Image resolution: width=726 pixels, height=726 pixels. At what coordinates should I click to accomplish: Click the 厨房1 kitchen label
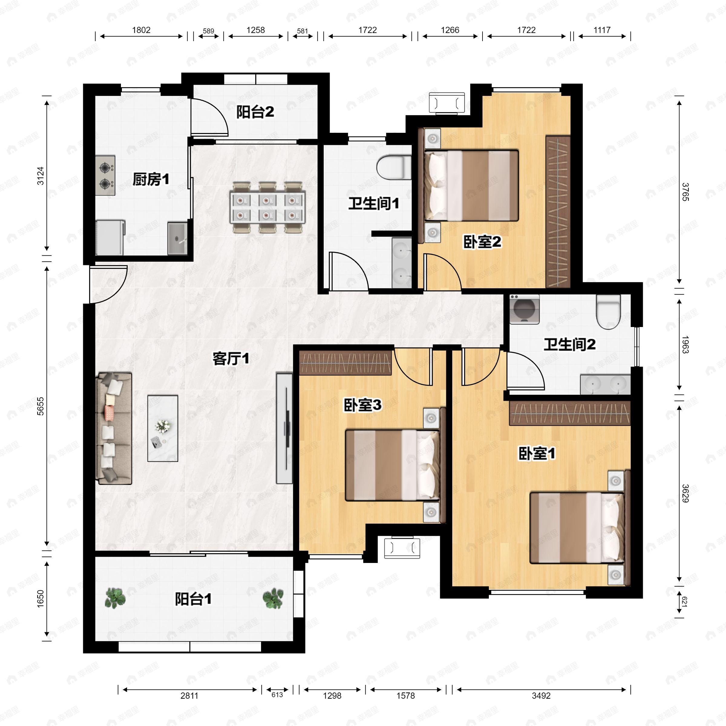[151, 180]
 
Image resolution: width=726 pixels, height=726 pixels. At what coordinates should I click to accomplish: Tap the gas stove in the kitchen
[105, 175]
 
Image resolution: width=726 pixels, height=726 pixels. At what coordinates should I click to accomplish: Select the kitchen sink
[177, 238]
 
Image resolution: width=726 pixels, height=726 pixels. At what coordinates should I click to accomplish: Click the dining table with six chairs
[267, 208]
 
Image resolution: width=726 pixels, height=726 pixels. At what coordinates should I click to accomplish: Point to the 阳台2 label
[255, 112]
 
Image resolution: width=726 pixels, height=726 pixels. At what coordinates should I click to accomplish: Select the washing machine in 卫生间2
[524, 309]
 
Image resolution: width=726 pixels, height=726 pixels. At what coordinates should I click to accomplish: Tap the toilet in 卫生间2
[608, 311]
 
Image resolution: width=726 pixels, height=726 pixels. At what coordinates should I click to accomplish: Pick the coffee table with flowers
[162, 428]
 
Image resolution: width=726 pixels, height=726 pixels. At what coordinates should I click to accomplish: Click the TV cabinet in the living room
[284, 428]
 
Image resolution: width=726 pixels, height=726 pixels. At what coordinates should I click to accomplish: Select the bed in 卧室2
[471, 186]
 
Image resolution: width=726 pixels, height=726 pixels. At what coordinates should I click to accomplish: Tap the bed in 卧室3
[392, 465]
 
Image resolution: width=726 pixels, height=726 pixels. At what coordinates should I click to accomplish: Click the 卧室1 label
[536, 453]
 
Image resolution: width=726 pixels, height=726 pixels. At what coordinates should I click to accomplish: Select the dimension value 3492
[541, 695]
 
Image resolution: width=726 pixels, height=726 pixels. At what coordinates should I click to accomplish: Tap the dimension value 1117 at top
[602, 30]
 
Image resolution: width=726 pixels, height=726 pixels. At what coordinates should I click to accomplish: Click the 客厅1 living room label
[230, 358]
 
